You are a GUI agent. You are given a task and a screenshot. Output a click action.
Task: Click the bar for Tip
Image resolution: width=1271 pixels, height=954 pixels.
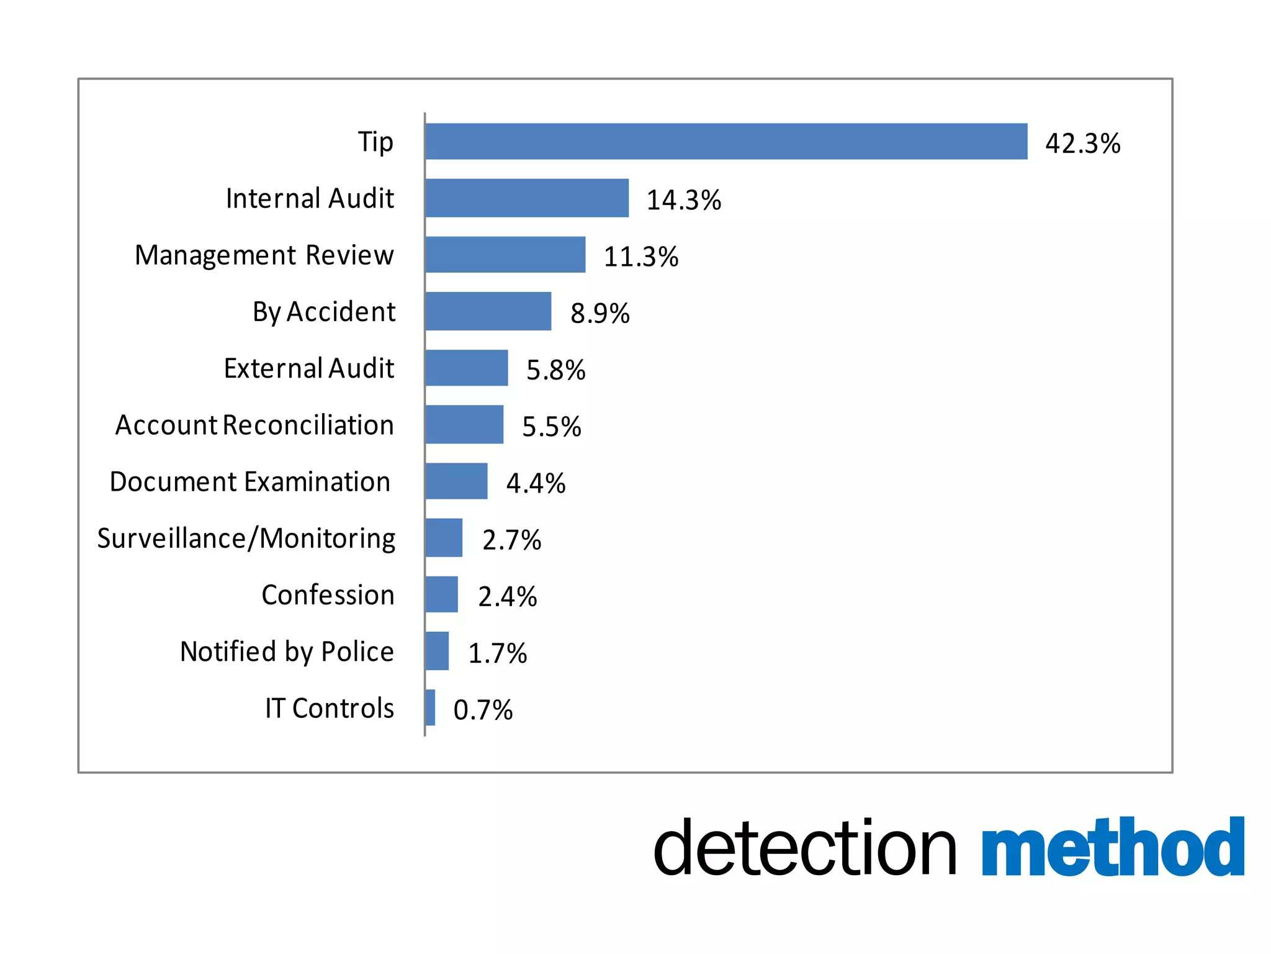pyautogui.click(x=726, y=142)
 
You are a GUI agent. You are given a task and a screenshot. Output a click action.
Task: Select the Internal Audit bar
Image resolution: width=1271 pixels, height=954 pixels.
pyautogui.click(x=527, y=198)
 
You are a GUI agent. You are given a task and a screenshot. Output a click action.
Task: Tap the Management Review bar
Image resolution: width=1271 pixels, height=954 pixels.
pyautogui.click(x=505, y=255)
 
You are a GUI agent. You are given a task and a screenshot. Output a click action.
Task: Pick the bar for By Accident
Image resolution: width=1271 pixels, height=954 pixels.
pyautogui.click(x=488, y=311)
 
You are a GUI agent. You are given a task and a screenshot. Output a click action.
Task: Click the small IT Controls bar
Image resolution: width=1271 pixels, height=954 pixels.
pyautogui.click(x=430, y=707)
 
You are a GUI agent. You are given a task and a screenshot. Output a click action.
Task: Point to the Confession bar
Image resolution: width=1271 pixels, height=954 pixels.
pyautogui.click(x=442, y=594)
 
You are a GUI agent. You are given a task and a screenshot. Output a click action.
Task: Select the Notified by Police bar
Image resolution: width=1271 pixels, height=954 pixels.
pyautogui.click(x=437, y=651)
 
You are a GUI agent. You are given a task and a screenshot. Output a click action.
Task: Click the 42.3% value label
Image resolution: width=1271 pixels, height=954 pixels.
pyautogui.click(x=1083, y=143)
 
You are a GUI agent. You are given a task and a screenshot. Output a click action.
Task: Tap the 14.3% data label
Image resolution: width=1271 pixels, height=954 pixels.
pyautogui.click(x=684, y=200)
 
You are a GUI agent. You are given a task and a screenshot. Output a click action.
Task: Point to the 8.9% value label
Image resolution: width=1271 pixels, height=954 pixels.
pyautogui.click(x=600, y=313)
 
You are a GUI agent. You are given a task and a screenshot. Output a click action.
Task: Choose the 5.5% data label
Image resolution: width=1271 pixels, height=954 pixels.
pyautogui.click(x=552, y=427)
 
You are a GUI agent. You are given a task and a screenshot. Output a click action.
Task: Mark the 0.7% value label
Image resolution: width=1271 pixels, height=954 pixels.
pyautogui.click(x=483, y=710)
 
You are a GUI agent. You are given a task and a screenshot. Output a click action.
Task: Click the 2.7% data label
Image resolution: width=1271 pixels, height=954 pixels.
pyautogui.click(x=512, y=540)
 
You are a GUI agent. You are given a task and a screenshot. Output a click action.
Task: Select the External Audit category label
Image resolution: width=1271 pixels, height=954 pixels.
pyautogui.click(x=309, y=368)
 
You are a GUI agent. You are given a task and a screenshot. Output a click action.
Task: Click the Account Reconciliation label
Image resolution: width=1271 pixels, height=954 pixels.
pyautogui.click(x=254, y=425)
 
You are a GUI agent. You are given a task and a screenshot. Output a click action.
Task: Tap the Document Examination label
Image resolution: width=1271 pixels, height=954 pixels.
pyautogui.click(x=250, y=482)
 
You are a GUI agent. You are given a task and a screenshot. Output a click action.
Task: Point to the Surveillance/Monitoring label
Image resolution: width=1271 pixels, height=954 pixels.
pyautogui.click(x=246, y=538)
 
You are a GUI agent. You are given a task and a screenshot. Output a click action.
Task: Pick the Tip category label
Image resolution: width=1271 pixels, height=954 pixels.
pyautogui.click(x=375, y=142)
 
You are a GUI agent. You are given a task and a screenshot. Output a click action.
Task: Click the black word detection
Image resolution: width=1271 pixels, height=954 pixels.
pyautogui.click(x=805, y=848)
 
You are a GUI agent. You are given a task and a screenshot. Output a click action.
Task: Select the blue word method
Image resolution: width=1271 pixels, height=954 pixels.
pyautogui.click(x=1113, y=848)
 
